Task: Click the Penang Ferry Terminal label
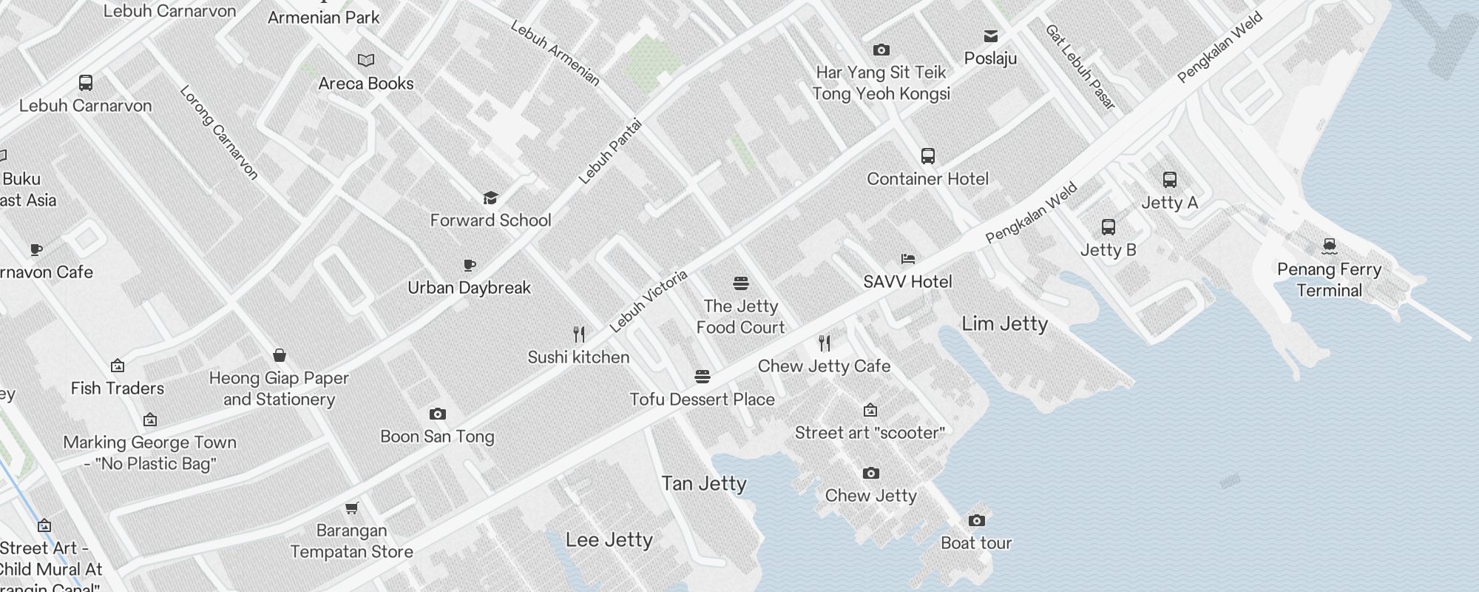pos(1329,280)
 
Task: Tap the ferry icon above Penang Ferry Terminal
pos(1329,246)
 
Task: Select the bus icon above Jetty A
pos(1169,180)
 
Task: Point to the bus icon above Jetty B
pos(1108,227)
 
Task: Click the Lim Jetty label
pos(1004,323)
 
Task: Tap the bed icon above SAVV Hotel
pos(908,259)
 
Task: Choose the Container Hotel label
pos(927,178)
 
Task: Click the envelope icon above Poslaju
pos(990,36)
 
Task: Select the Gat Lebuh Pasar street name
pos(1080,67)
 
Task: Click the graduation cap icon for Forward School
pos(490,198)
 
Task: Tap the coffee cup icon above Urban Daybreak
pos(469,265)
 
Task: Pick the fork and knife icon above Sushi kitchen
pos(579,334)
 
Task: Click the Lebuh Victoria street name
pos(648,300)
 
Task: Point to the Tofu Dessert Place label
pos(702,399)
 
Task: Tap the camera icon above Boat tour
pos(976,521)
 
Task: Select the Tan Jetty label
pos(703,483)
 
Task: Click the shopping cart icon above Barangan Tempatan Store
pos(352,508)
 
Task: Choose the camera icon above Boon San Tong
pos(437,414)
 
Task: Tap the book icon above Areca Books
pos(365,60)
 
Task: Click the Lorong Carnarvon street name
pos(219,132)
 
